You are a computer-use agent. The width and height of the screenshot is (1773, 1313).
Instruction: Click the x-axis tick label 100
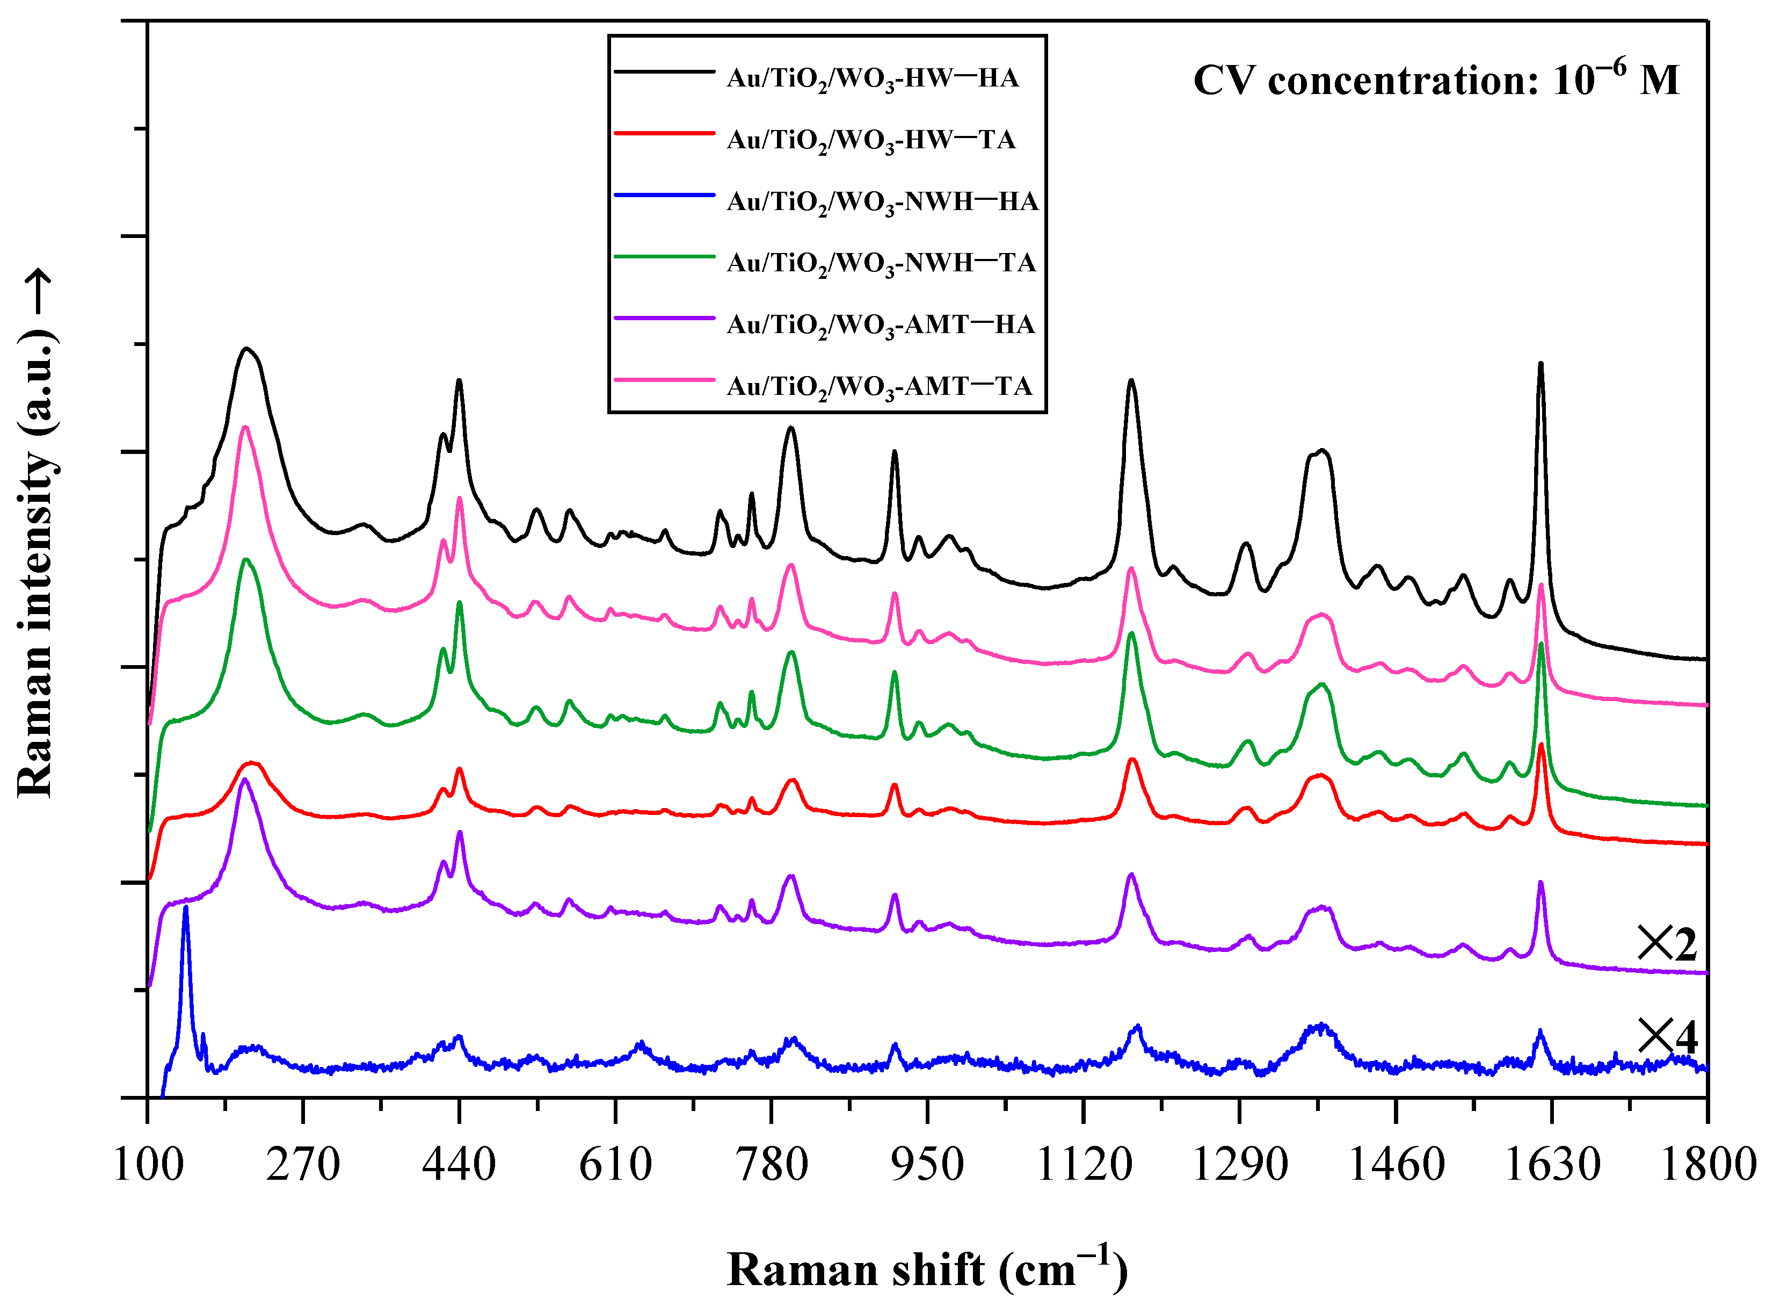[149, 1166]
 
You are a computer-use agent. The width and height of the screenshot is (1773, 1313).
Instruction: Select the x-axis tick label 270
[303, 1166]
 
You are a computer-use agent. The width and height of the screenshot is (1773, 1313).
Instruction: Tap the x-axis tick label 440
[459, 1166]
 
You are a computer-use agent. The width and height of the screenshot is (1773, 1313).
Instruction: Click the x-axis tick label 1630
[1551, 1166]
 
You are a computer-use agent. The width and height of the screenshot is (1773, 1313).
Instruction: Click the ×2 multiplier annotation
[1667, 945]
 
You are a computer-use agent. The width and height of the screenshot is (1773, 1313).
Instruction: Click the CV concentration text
[1436, 80]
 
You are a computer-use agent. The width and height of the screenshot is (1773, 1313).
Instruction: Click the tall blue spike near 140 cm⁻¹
[186, 908]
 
